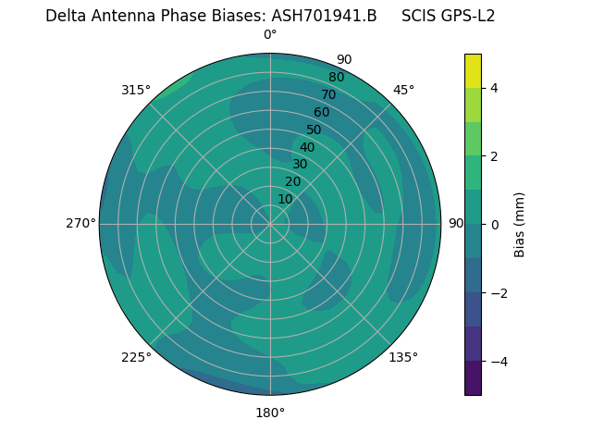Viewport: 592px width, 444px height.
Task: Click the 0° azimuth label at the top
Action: (x=270, y=35)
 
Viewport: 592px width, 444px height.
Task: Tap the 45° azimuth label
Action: (x=403, y=90)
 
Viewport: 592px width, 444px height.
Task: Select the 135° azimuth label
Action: (x=403, y=357)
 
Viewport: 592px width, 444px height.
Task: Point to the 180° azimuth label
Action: (x=270, y=413)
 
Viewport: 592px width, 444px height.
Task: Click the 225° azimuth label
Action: (x=136, y=358)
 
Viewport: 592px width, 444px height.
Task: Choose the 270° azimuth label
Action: (x=80, y=224)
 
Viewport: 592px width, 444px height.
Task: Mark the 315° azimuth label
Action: (x=136, y=90)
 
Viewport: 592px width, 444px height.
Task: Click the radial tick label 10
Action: (x=285, y=199)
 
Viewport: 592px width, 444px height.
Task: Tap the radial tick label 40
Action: (x=307, y=147)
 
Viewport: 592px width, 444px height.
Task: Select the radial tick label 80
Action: (x=336, y=77)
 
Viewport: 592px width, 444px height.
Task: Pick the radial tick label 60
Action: (x=321, y=112)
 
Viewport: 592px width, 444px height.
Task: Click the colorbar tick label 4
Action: (x=495, y=88)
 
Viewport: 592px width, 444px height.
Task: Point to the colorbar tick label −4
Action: (x=499, y=361)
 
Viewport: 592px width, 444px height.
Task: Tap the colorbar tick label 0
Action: (x=495, y=224)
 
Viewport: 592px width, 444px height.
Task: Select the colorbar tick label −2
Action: (x=499, y=292)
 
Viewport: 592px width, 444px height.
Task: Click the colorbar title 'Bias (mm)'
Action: (x=520, y=224)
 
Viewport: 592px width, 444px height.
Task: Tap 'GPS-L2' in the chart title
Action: (x=468, y=16)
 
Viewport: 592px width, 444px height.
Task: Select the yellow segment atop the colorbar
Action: (x=473, y=70)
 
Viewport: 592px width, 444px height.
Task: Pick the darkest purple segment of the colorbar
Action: (x=473, y=377)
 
